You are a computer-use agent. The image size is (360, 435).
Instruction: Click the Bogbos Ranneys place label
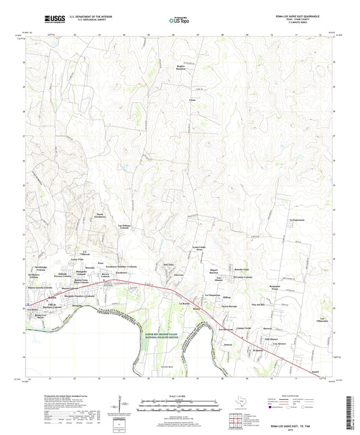(180, 68)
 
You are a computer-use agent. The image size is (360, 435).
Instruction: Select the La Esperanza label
(297, 220)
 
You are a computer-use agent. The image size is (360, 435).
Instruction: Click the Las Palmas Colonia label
(124, 227)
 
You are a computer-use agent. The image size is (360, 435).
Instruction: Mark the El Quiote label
(258, 351)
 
